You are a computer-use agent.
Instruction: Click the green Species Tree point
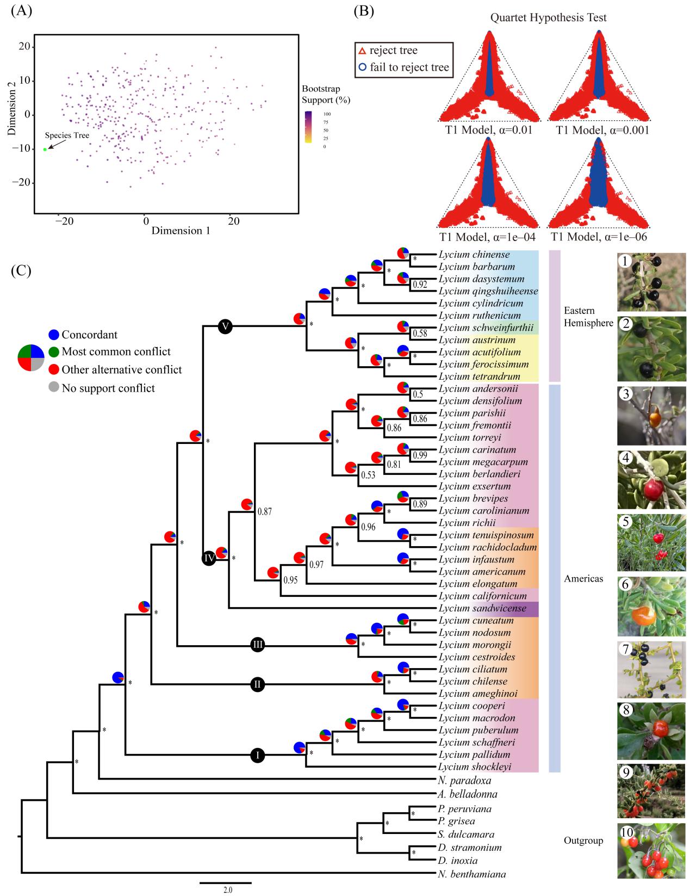45,149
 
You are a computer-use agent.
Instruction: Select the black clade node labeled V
225,326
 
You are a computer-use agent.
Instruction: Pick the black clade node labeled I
258,755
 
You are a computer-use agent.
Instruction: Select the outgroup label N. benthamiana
471,875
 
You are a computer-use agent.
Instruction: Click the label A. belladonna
467,794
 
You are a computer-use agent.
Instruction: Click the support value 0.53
368,475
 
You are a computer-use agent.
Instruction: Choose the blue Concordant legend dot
54,335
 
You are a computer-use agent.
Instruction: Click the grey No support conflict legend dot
54,388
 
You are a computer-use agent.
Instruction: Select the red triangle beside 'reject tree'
362,51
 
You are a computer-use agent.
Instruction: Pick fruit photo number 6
651,607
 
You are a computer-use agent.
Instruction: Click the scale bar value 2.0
227,891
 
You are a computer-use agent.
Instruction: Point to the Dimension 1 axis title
181,231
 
